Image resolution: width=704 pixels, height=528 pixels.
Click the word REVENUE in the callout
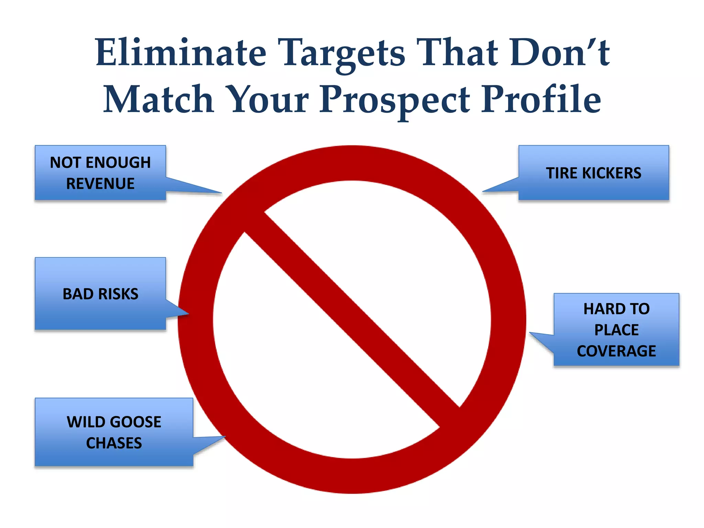tap(100, 184)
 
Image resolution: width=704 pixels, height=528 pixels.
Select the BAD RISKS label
tap(100, 294)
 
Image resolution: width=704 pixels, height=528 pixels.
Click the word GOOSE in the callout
tap(136, 422)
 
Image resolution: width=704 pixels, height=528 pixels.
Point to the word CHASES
tap(114, 443)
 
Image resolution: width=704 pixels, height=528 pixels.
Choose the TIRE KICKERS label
tap(594, 173)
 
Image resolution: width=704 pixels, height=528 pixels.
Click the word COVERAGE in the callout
tap(616, 351)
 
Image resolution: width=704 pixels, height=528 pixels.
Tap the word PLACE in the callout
tap(616, 330)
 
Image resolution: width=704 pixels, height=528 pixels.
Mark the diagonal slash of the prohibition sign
tap(352, 320)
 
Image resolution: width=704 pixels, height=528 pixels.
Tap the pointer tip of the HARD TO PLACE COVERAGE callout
tap(530, 333)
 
